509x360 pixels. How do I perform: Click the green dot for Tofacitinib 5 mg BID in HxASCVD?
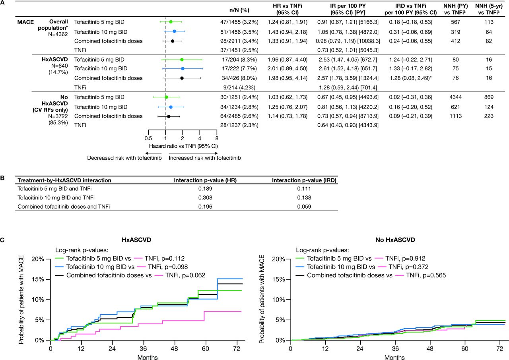(x=182, y=60)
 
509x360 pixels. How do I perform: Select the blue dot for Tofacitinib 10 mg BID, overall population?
(x=174, y=31)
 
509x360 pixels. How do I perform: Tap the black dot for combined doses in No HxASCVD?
(x=169, y=116)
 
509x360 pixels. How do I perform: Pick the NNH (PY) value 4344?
(x=455, y=97)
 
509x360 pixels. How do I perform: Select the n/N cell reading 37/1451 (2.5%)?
(x=239, y=50)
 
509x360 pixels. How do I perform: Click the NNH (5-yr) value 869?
(x=489, y=97)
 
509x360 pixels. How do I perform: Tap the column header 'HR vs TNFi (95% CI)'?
(x=288, y=9)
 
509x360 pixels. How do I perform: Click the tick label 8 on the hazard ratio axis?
(x=217, y=138)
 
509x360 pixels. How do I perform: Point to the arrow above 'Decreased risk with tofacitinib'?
(x=153, y=153)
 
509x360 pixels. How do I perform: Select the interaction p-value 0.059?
(x=304, y=207)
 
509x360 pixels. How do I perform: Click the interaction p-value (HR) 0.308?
(x=205, y=197)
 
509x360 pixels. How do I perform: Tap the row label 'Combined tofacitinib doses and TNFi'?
(x=64, y=207)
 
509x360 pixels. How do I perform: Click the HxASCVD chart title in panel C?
(x=136, y=240)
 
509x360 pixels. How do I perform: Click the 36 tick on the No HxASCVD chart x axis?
(x=395, y=348)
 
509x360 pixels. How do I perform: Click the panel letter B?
(x=2, y=178)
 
